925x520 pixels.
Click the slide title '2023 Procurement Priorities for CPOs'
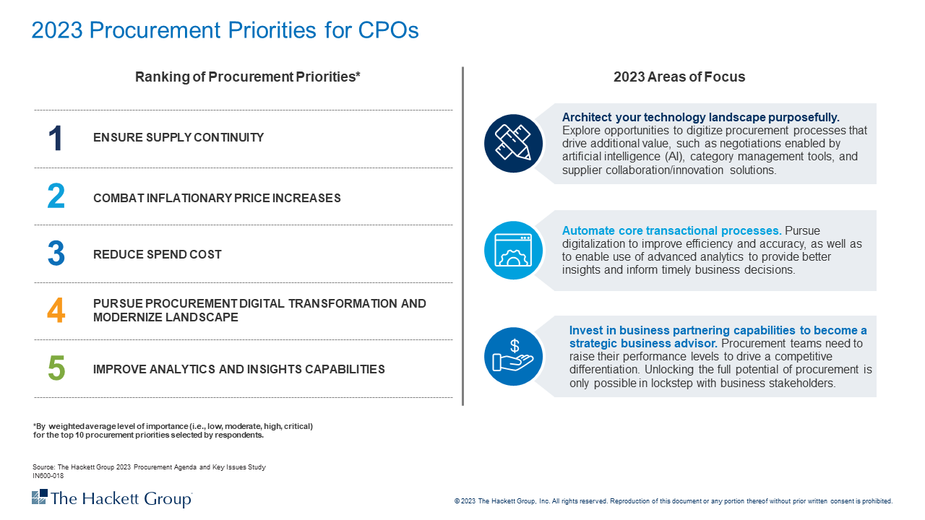click(225, 30)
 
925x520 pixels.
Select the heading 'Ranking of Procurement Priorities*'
click(247, 77)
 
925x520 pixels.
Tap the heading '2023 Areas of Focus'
click(679, 77)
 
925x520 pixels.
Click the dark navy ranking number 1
click(56, 139)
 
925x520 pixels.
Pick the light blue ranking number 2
click(56, 197)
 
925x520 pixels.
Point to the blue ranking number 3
click(56, 254)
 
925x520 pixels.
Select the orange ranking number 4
click(56, 311)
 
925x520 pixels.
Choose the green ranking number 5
click(56, 368)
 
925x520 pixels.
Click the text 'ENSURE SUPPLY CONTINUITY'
click(178, 138)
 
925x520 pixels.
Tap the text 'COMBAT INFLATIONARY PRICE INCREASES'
click(217, 199)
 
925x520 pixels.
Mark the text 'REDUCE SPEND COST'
click(158, 255)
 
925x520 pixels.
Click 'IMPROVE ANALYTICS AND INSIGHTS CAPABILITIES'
click(238, 370)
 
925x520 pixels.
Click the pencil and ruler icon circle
click(513, 143)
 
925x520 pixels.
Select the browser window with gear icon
click(513, 250)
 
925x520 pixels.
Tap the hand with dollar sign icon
click(513, 356)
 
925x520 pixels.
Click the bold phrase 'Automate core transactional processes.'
click(671, 231)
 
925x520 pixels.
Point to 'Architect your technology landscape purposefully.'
click(700, 117)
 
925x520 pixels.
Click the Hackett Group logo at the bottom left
click(112, 498)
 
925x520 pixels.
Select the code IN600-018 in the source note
click(48, 476)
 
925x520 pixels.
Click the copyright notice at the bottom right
click(673, 501)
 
